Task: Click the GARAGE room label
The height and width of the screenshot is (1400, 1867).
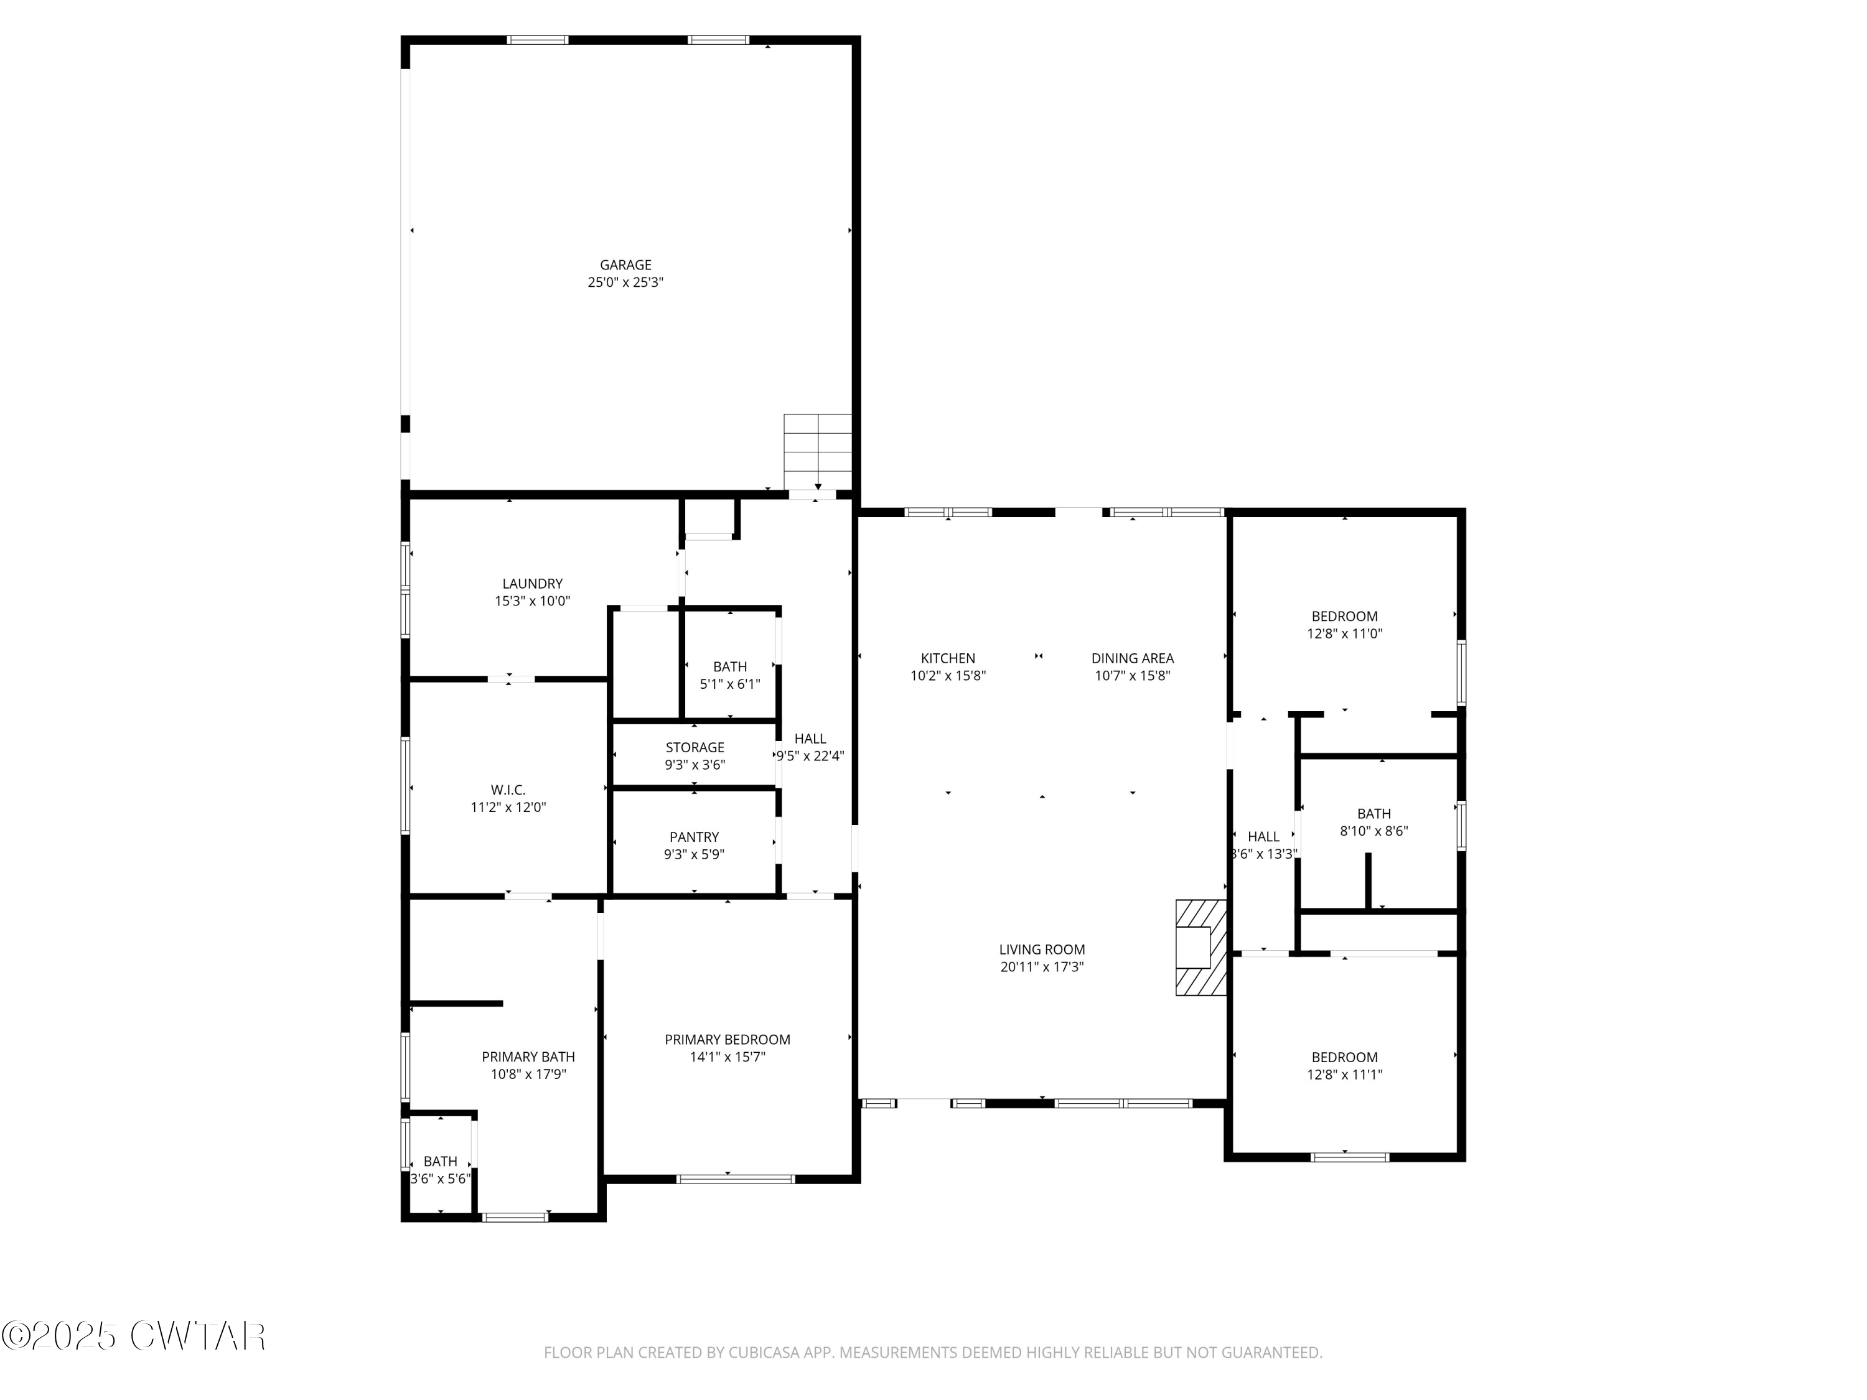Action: coord(625,265)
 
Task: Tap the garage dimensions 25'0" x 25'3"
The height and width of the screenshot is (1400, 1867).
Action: coord(625,282)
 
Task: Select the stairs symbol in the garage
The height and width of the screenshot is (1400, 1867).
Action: coord(817,452)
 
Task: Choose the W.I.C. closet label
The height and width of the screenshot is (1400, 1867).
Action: coord(508,790)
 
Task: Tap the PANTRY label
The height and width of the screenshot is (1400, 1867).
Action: coord(694,837)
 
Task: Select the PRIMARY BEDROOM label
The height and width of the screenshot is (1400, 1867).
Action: coord(727,1040)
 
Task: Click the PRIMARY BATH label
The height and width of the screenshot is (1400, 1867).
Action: coord(528,1057)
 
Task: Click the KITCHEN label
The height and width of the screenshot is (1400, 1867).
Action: coord(948,658)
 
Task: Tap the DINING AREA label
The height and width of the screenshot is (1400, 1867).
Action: coord(1132,658)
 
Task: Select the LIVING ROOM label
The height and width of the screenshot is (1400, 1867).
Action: coord(1042,950)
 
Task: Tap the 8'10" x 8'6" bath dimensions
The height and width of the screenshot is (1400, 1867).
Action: coord(1374,831)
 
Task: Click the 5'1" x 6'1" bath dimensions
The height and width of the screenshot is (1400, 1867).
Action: coord(729,684)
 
